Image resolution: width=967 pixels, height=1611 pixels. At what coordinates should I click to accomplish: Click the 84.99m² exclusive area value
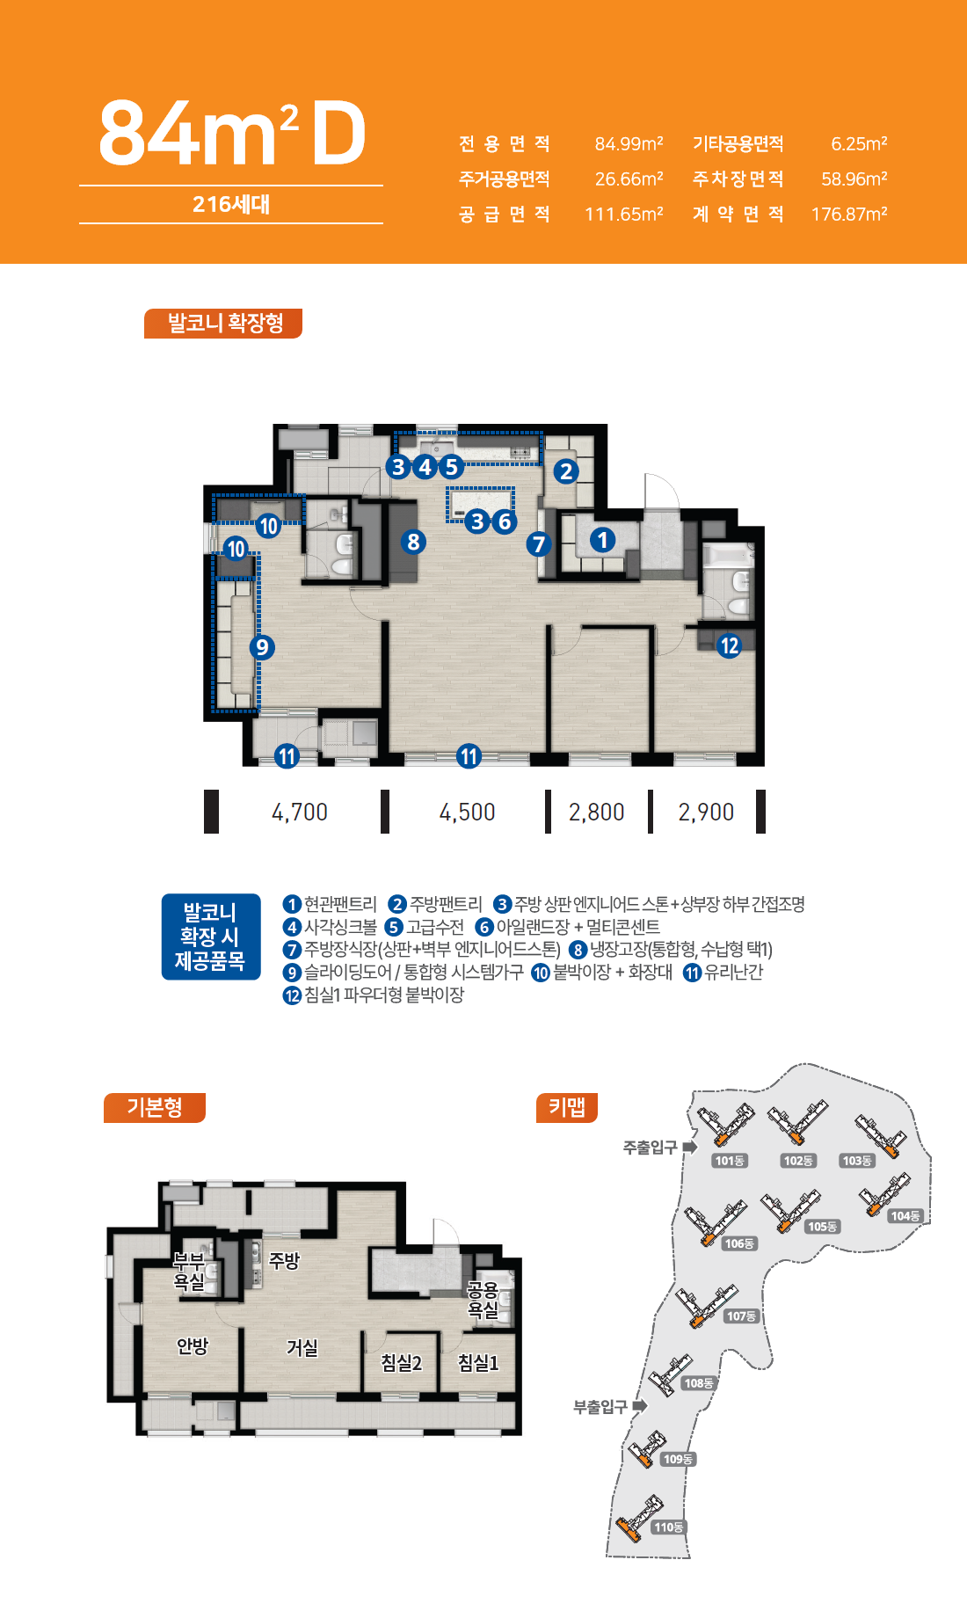[x=629, y=143]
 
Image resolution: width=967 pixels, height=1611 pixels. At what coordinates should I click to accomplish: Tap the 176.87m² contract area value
[x=848, y=214]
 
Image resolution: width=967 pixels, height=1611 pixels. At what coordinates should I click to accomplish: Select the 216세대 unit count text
[x=231, y=204]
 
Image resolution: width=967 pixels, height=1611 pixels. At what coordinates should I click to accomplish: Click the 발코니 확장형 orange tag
[x=223, y=323]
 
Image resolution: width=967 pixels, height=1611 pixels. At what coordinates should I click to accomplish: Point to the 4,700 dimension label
[x=300, y=812]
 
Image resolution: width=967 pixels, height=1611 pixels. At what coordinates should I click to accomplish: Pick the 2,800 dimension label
[x=597, y=812]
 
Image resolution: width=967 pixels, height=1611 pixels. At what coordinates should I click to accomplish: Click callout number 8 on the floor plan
[x=413, y=542]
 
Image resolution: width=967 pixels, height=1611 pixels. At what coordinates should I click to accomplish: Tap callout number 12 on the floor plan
[x=729, y=645]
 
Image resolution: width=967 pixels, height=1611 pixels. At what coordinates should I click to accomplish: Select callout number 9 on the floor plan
[x=262, y=648]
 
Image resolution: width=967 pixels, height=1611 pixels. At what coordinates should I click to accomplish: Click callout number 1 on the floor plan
[x=602, y=539]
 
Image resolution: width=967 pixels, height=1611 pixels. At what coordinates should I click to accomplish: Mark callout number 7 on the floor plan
[x=539, y=544]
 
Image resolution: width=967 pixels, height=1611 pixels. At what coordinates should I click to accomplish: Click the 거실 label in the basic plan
[x=302, y=1347]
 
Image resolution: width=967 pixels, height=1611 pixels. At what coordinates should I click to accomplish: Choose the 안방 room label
[x=193, y=1345]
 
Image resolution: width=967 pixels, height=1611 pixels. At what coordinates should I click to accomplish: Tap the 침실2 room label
[x=401, y=1362]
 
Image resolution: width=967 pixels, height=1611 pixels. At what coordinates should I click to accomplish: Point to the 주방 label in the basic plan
[x=284, y=1260]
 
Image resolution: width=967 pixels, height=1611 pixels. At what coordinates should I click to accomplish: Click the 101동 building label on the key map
[x=730, y=1161]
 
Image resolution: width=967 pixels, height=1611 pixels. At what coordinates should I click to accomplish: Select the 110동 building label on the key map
[x=668, y=1527]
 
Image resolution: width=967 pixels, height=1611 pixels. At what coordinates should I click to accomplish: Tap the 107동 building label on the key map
[x=741, y=1316]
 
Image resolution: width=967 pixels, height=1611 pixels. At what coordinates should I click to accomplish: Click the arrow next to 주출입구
[x=690, y=1147]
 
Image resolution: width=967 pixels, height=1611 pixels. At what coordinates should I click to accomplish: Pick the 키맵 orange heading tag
[x=567, y=1107]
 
